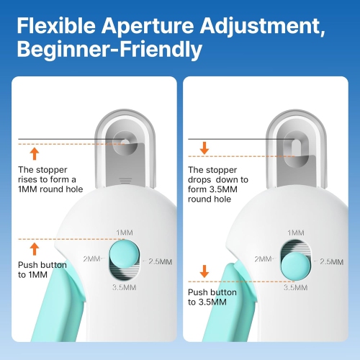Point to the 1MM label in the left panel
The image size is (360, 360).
(124, 233)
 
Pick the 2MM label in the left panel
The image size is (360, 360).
(91, 258)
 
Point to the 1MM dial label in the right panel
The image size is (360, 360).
(295, 233)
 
